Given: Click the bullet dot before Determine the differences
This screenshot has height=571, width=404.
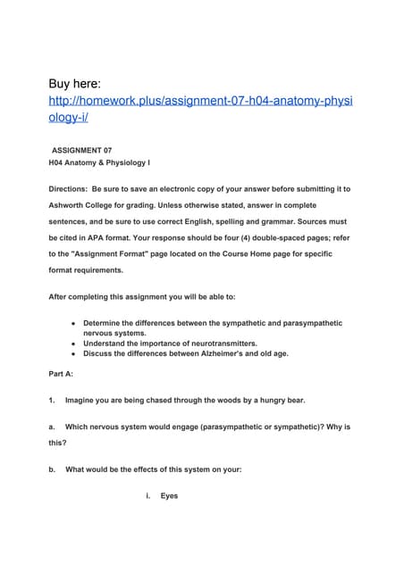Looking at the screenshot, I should tap(71, 322).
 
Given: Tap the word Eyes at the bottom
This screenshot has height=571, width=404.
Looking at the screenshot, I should tap(169, 496).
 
